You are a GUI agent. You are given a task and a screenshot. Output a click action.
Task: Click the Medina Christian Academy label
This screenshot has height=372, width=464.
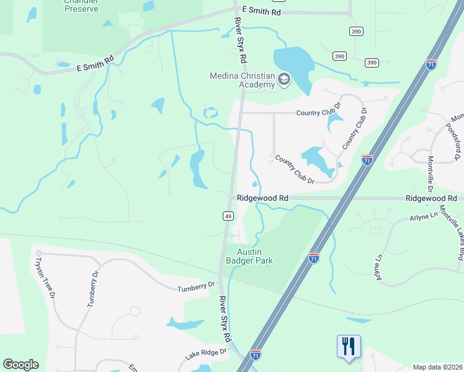click(x=242, y=80)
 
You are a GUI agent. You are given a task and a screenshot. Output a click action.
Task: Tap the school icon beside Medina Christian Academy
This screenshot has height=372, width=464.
click(x=284, y=79)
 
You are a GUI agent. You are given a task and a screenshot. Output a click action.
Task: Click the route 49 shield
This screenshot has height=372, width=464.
click(x=228, y=215)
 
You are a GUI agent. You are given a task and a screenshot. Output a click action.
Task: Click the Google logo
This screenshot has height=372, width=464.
click(x=20, y=365)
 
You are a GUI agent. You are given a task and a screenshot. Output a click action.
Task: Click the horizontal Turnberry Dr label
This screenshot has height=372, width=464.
click(x=195, y=286)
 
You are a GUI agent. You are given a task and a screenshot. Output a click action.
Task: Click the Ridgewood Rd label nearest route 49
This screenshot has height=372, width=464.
click(x=263, y=198)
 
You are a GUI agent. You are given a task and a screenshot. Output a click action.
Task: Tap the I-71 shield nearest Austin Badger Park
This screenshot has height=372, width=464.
click(x=314, y=257)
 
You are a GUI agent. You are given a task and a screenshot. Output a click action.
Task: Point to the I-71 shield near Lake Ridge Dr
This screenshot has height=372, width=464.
click(x=256, y=354)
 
